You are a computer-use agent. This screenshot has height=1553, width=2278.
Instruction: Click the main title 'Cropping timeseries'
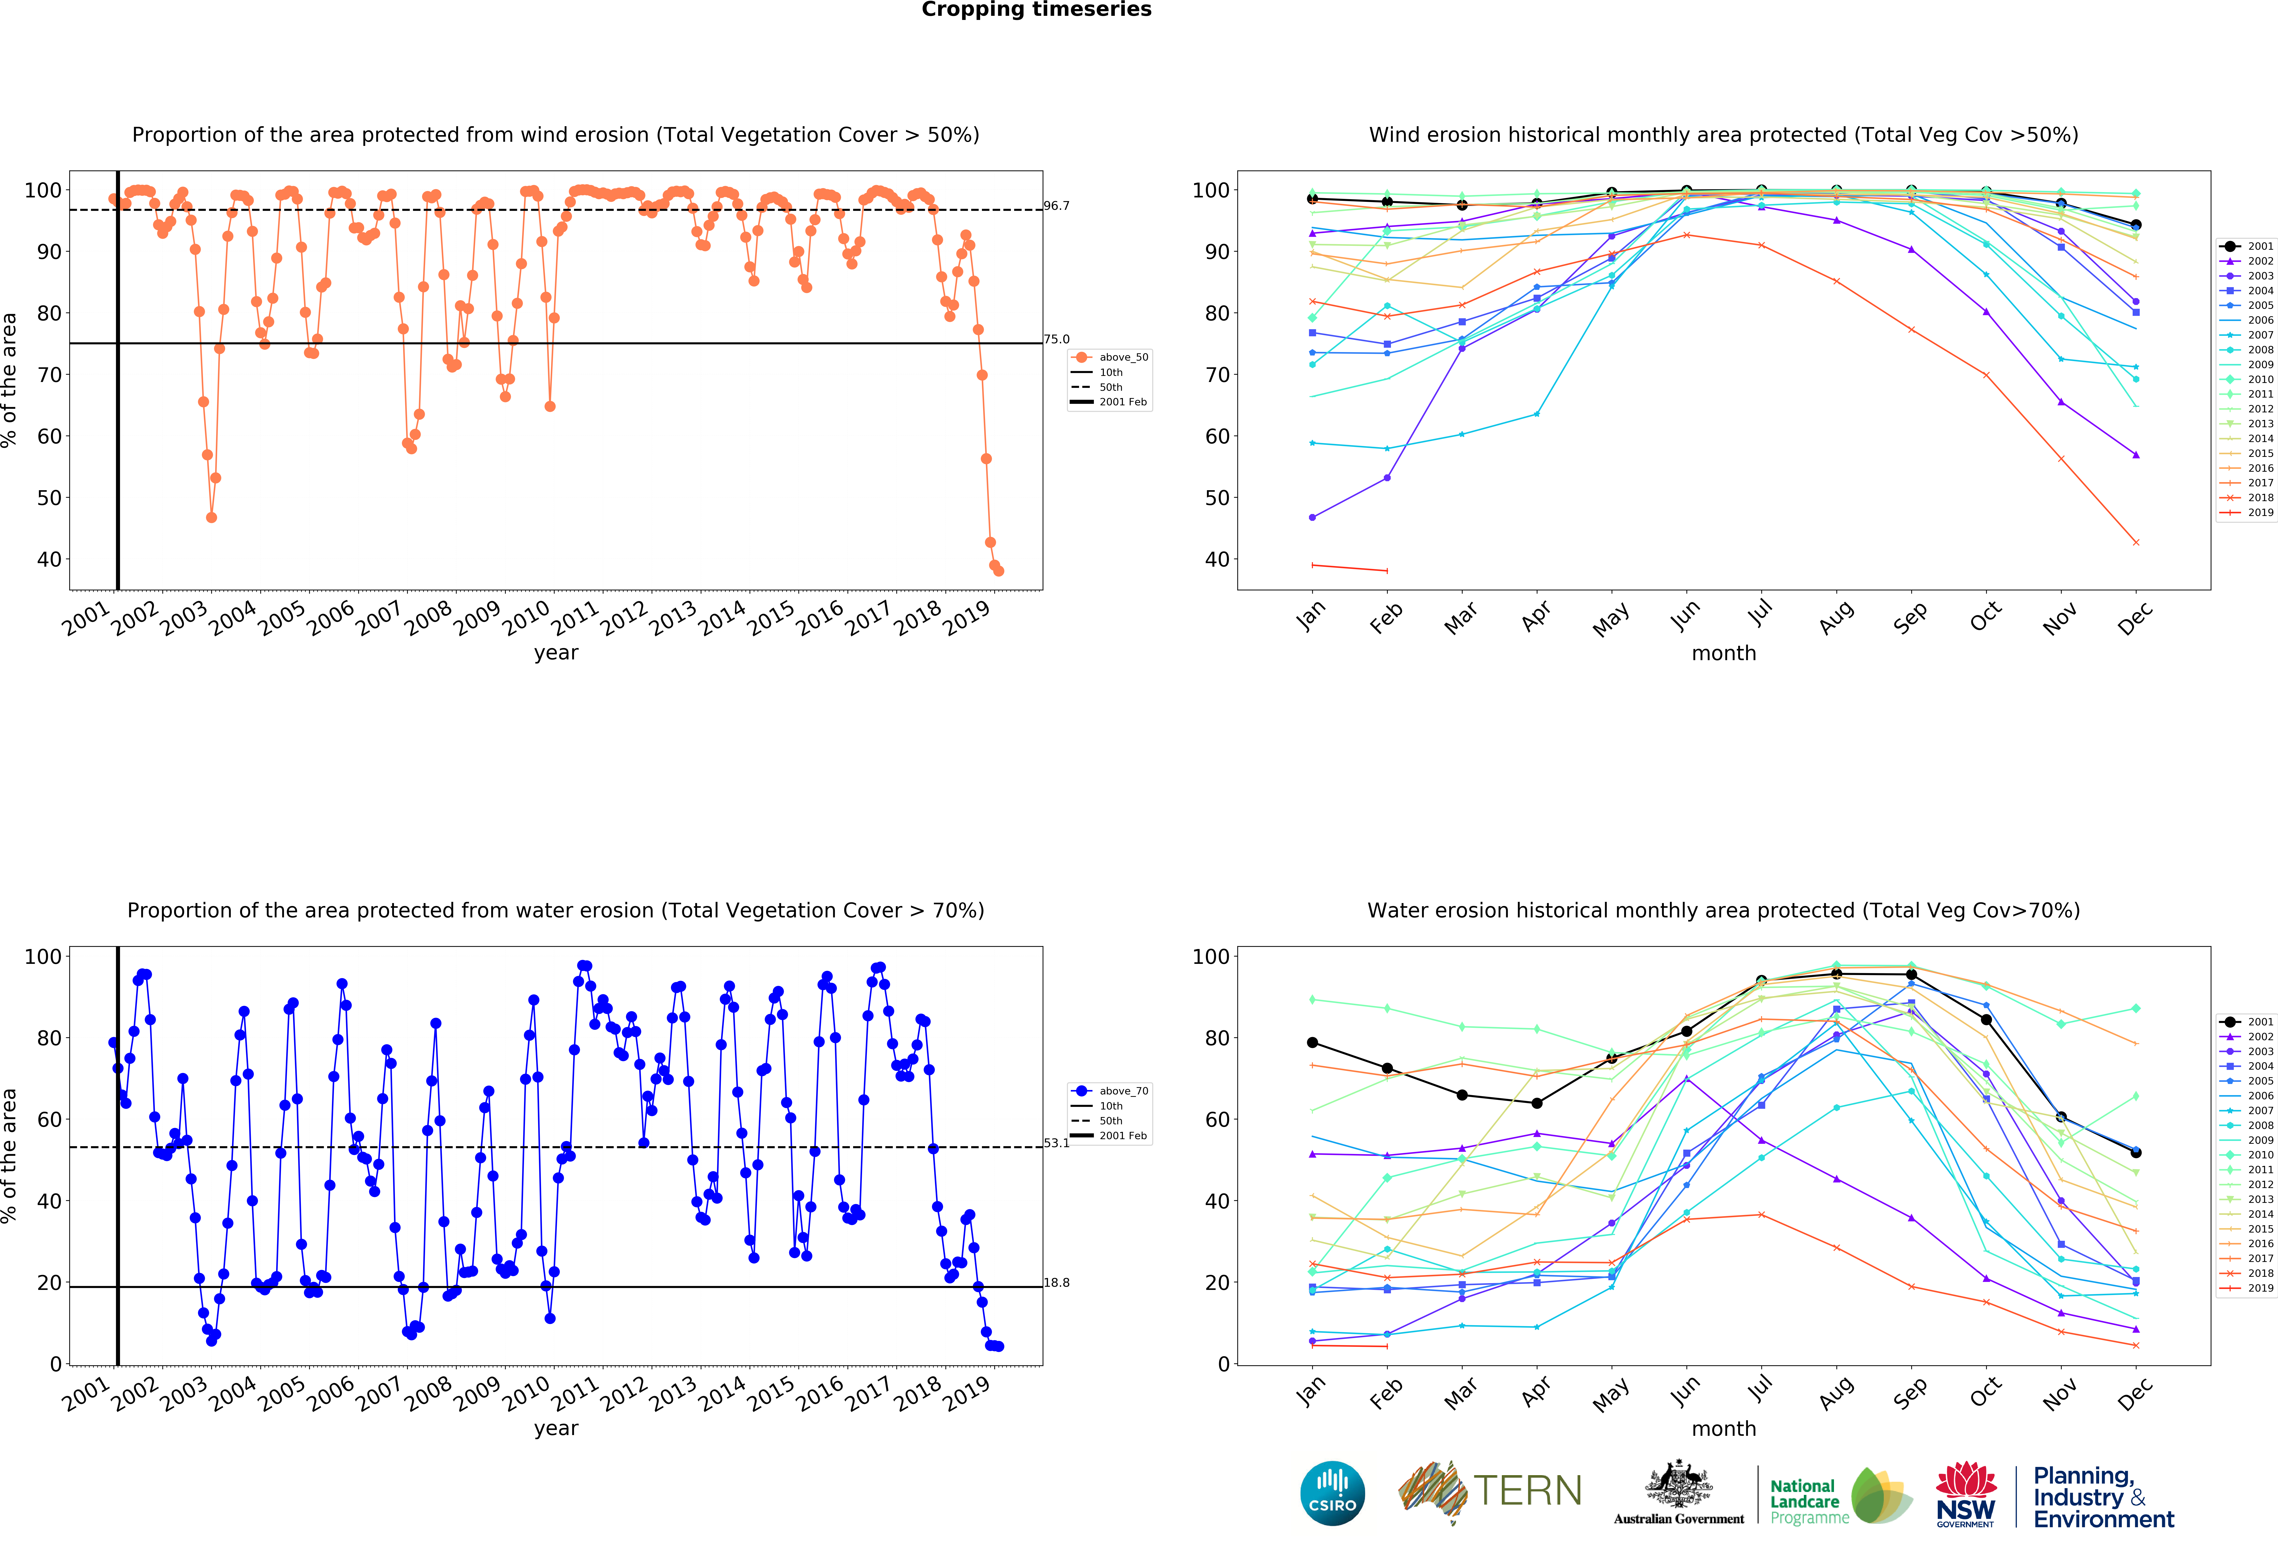(1036, 10)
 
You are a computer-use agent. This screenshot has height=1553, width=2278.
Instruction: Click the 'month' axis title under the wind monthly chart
(1723, 653)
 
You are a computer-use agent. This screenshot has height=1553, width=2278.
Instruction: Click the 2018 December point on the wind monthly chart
(2136, 542)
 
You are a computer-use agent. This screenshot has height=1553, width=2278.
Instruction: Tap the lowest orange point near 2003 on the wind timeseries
(212, 518)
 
